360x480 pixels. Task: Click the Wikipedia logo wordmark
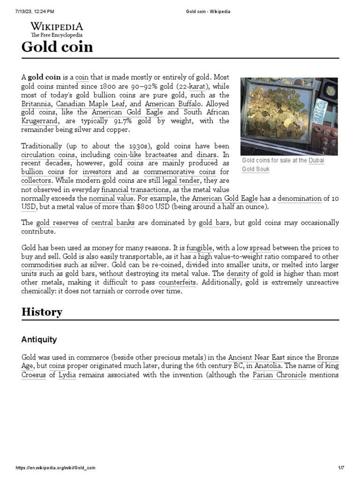tap(57, 26)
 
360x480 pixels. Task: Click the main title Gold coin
tap(57, 47)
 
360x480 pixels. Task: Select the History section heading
tap(42, 312)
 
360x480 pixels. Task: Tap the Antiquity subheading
tap(39, 339)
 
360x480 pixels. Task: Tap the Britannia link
tap(37, 104)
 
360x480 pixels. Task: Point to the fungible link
tap(200, 247)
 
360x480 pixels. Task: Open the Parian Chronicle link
tap(279, 375)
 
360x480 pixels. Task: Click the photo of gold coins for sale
tap(289, 116)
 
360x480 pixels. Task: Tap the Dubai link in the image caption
tap(316, 160)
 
